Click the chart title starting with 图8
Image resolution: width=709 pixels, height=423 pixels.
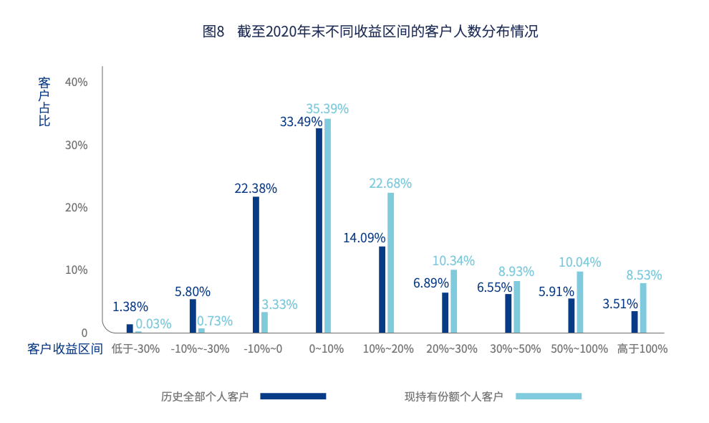click(x=370, y=32)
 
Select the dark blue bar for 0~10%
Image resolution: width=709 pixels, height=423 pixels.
click(x=319, y=230)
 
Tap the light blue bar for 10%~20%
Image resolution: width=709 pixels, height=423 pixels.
click(x=390, y=262)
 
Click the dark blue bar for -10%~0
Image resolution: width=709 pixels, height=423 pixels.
click(x=256, y=265)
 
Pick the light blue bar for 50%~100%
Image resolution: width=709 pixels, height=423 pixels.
click(x=580, y=302)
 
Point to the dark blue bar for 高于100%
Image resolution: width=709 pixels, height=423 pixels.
click(x=635, y=322)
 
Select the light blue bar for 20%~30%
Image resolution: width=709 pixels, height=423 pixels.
click(x=453, y=301)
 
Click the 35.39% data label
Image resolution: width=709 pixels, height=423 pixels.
click(x=327, y=109)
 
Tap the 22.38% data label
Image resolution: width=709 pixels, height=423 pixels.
click(x=256, y=189)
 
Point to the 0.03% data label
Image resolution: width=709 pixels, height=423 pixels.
click(x=153, y=324)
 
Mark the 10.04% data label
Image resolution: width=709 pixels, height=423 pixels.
click(x=579, y=262)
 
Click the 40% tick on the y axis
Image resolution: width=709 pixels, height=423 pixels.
click(x=76, y=82)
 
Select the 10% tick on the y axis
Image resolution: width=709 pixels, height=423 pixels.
click(x=76, y=270)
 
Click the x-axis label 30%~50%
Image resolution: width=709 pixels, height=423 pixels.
click(x=516, y=349)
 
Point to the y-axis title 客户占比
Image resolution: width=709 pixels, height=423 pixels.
click(x=44, y=101)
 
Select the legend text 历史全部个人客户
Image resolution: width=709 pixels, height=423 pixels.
click(x=205, y=396)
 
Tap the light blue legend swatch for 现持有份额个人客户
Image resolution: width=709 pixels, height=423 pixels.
click(x=549, y=396)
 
